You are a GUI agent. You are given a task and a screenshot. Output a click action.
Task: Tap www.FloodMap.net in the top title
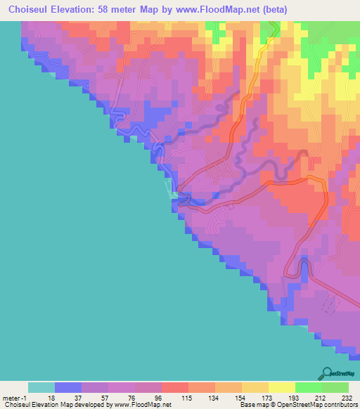229,10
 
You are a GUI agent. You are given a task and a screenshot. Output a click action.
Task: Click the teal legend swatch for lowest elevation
41,387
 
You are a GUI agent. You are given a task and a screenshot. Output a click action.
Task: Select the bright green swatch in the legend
309,387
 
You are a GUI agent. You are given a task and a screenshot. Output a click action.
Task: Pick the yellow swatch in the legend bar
282,387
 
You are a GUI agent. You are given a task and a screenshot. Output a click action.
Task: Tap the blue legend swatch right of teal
68,387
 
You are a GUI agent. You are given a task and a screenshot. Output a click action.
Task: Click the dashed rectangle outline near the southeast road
328,304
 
